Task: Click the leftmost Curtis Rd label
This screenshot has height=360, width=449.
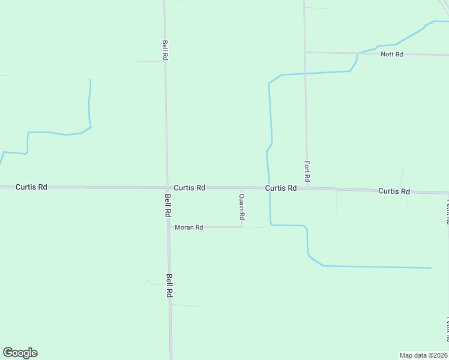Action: tap(31, 187)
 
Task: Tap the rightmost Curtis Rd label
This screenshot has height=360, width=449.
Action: tap(394, 191)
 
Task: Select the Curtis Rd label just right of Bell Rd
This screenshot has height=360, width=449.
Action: tap(190, 188)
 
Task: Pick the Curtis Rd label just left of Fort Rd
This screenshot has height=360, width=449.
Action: tap(281, 188)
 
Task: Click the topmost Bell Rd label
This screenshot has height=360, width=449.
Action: tap(164, 49)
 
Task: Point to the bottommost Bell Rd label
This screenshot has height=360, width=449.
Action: tap(170, 286)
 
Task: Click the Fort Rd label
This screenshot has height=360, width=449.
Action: tap(307, 171)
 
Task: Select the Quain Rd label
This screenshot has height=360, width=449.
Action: tap(242, 206)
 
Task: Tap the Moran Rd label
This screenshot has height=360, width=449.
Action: tap(189, 227)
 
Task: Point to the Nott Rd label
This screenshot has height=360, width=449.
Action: tap(391, 55)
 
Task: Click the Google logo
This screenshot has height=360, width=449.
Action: tap(20, 353)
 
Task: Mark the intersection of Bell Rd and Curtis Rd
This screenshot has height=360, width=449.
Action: tap(167, 188)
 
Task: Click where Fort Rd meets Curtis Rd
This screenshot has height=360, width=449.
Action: tap(307, 188)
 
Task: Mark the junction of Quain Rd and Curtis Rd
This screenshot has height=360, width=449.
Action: tap(242, 188)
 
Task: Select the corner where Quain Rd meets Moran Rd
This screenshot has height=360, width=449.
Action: tap(242, 227)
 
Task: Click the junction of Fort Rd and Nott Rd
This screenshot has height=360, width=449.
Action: tap(305, 52)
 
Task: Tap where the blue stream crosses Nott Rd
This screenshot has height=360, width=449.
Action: tap(358, 53)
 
